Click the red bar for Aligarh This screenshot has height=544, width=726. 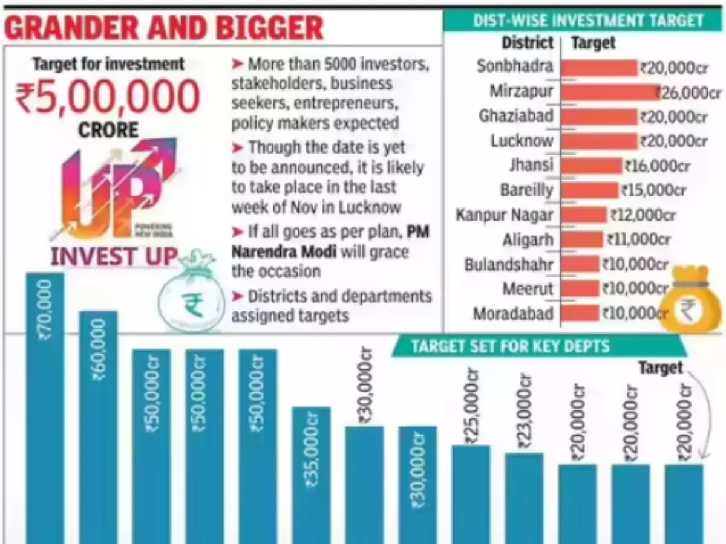[582, 240]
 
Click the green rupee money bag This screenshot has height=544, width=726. [192, 296]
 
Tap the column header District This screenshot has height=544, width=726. [528, 43]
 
